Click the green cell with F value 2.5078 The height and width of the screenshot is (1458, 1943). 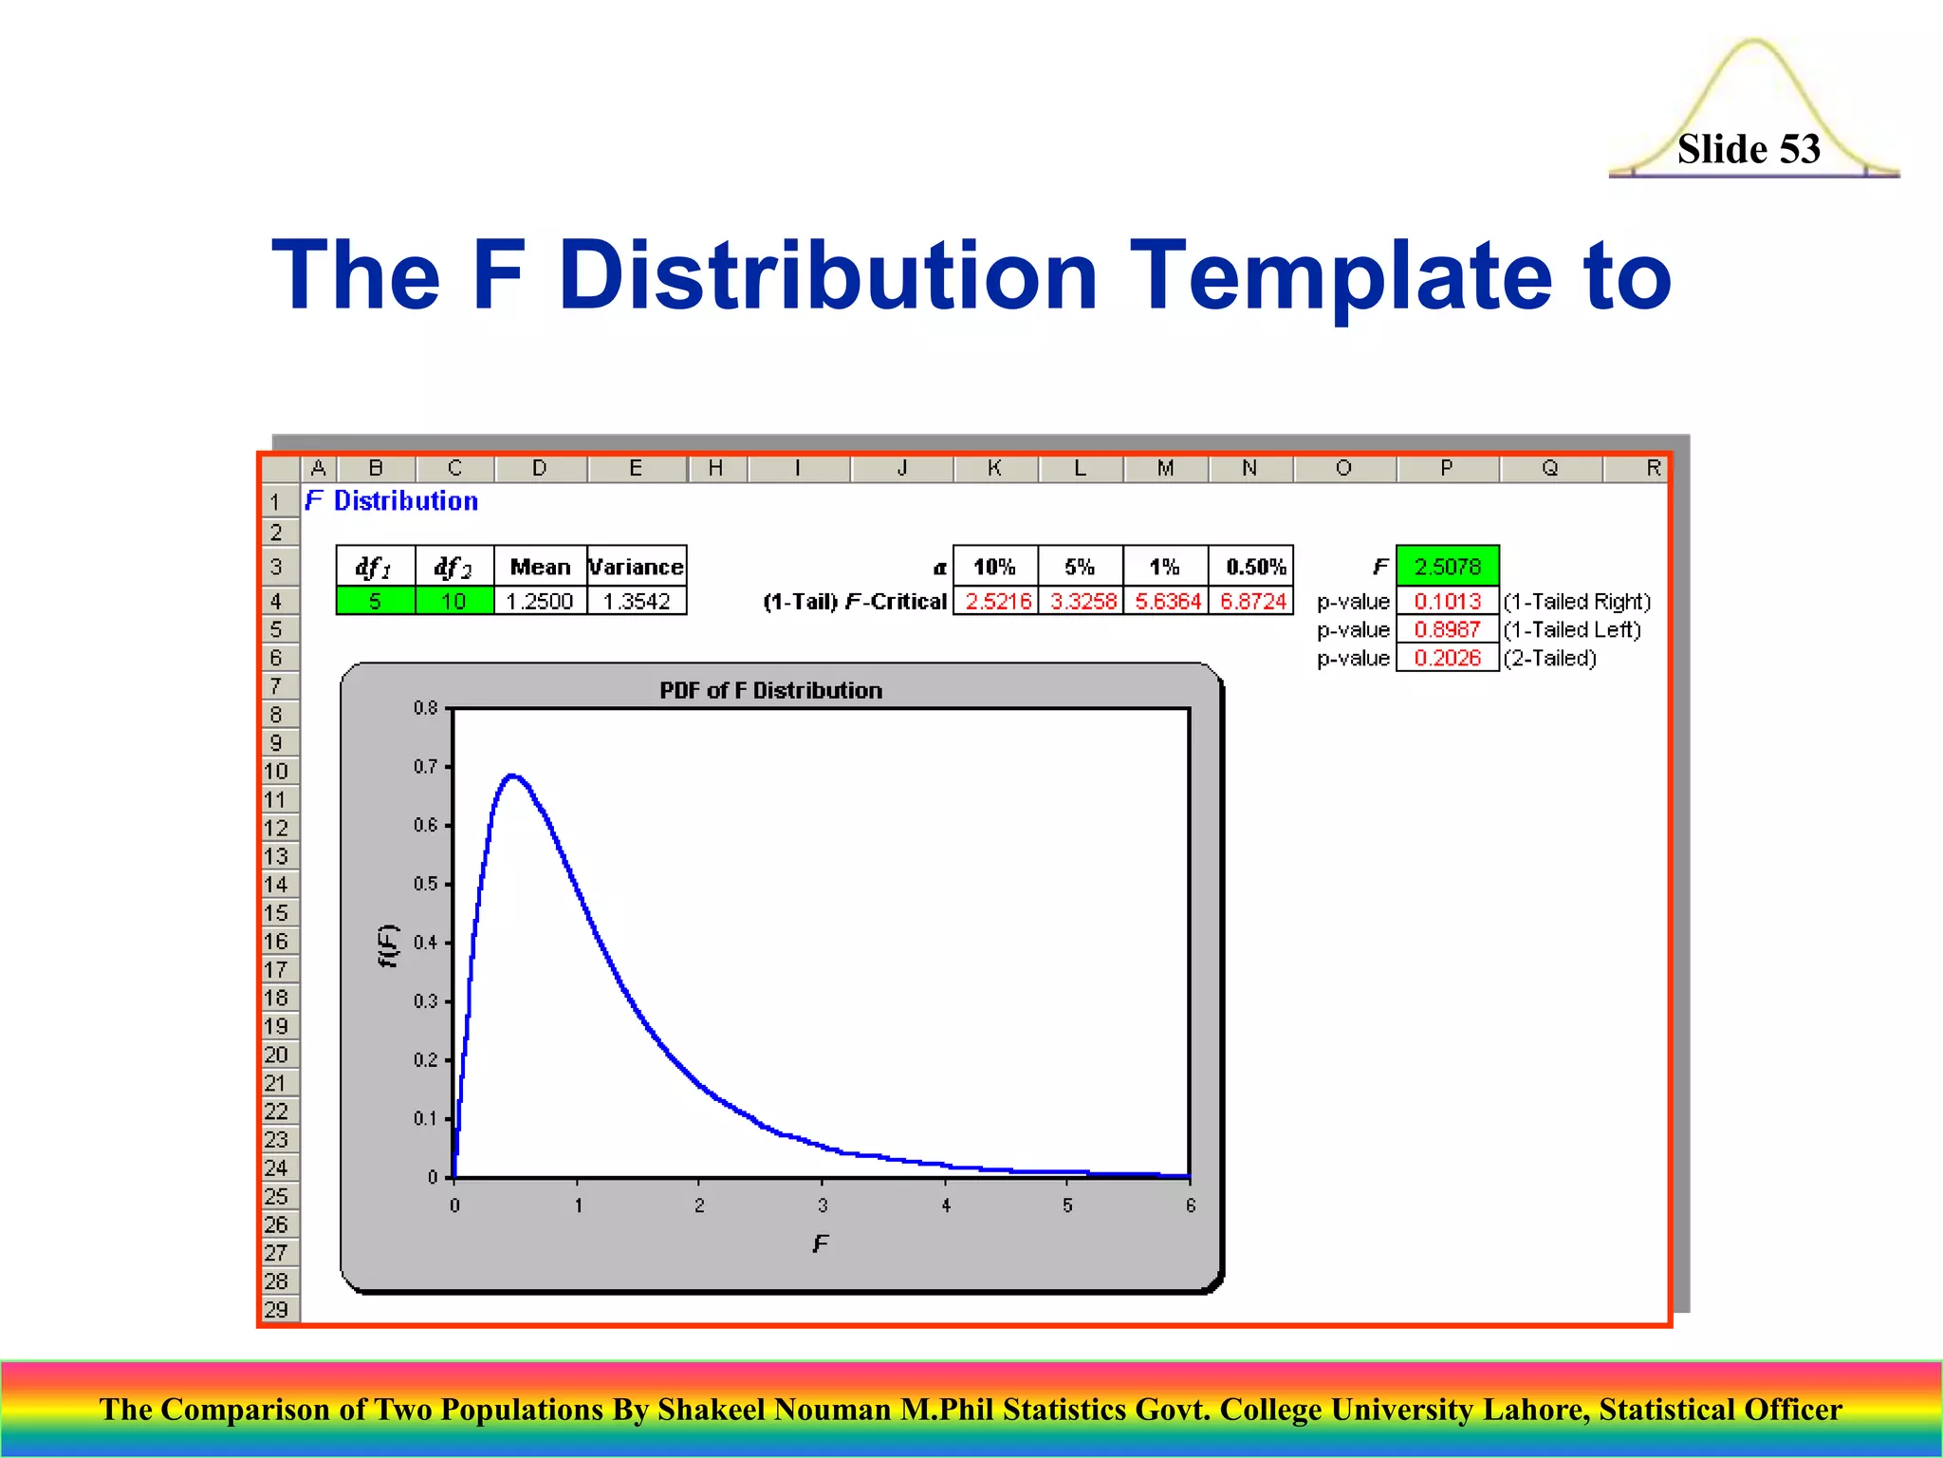point(1447,567)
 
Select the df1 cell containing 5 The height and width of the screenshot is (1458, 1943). point(375,601)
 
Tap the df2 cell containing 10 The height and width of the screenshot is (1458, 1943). point(453,601)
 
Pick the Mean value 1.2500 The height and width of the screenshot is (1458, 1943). point(539,601)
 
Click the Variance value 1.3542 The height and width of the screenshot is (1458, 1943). point(637,601)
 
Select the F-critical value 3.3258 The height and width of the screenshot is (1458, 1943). point(1083,601)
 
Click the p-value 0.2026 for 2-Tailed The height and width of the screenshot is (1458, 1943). point(1447,658)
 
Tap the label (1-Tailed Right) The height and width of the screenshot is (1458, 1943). point(1577,601)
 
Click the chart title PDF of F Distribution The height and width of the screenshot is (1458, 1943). point(770,690)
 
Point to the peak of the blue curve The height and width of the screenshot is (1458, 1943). point(512,776)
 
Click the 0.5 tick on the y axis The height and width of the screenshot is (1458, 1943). point(426,884)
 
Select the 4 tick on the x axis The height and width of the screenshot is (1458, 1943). point(945,1205)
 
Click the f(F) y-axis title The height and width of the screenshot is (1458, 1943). point(388,945)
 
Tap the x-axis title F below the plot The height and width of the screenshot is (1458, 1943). point(821,1243)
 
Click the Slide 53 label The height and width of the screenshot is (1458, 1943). point(1748,149)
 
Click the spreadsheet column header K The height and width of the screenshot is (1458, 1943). point(994,468)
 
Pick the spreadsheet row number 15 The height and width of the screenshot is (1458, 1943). point(276,913)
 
